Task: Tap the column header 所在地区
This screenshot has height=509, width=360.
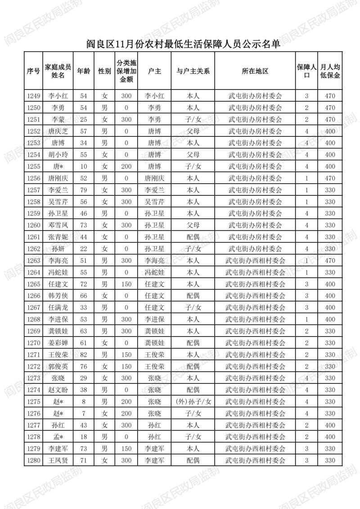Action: (x=255, y=71)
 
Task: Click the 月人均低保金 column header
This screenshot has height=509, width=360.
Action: (x=330, y=71)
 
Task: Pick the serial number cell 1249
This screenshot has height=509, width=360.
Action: (x=34, y=96)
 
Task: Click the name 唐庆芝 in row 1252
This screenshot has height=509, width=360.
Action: (x=58, y=131)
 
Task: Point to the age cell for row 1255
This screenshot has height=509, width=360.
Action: (x=83, y=167)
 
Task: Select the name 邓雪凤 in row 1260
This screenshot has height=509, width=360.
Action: (x=58, y=225)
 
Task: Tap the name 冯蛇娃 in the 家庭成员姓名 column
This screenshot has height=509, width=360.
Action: (x=58, y=272)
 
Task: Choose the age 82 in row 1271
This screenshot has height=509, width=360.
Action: (x=83, y=355)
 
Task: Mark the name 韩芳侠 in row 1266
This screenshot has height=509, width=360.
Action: (x=58, y=296)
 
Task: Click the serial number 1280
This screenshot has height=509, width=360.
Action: (x=34, y=460)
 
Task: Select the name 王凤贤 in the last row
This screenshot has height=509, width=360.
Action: (x=58, y=460)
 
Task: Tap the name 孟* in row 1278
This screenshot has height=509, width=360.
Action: (x=58, y=437)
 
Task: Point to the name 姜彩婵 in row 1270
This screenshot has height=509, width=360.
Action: (x=58, y=343)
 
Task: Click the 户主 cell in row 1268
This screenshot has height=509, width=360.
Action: (x=154, y=319)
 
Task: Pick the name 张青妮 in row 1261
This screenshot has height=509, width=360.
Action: (x=58, y=237)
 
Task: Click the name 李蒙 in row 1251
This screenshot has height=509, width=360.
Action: (x=58, y=119)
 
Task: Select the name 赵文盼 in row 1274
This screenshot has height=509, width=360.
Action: (x=58, y=390)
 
